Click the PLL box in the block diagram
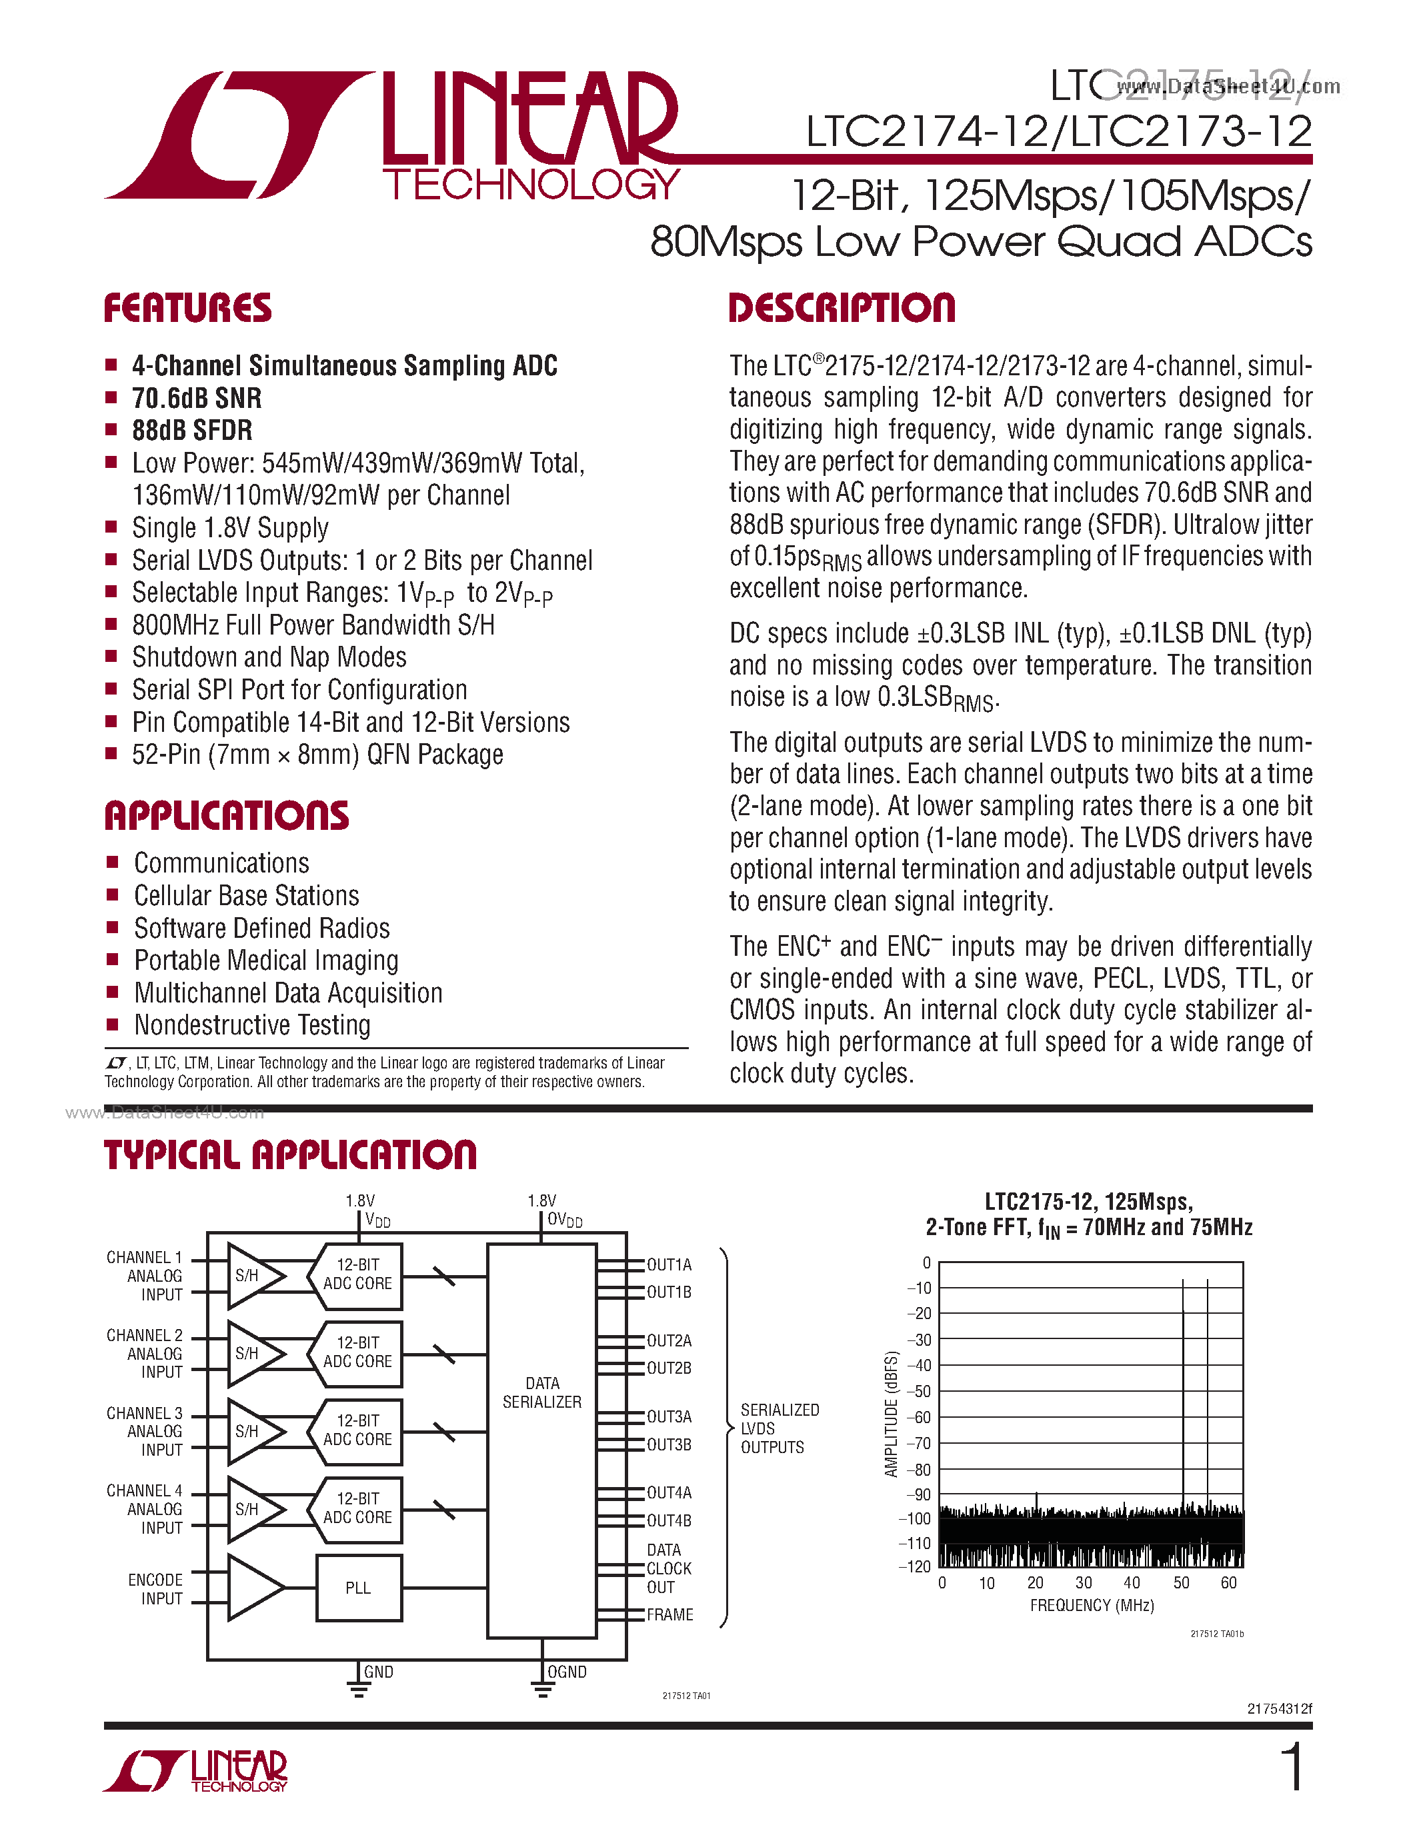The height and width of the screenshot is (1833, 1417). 359,1588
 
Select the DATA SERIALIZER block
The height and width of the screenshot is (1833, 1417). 541,1392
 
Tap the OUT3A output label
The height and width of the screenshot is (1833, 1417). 669,1416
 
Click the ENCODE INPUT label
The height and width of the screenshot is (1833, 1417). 155,1589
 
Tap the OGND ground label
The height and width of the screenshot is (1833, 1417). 567,1672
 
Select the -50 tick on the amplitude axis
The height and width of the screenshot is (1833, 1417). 922,1390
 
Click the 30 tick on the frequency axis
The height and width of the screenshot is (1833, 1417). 1084,1583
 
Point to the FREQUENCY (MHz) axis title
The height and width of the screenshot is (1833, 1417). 1092,1606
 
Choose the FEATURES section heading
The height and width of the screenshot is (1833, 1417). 187,308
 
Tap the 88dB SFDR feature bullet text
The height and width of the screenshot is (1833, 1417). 192,431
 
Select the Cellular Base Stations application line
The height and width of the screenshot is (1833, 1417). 246,896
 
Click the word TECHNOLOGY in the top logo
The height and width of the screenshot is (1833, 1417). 531,185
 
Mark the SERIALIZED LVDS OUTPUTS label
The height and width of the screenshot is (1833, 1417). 779,1428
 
